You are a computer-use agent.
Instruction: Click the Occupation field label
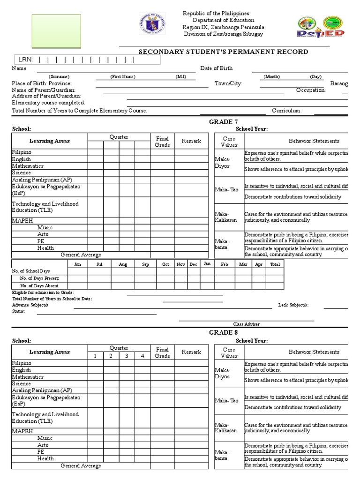point(311,90)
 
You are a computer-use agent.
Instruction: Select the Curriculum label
point(287,111)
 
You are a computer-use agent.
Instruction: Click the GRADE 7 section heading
point(223,122)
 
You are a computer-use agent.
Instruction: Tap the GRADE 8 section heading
point(223,332)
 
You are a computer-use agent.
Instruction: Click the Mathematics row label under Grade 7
point(28,166)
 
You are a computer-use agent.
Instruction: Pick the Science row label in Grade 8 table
point(22,383)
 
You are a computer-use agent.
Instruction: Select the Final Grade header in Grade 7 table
point(162,142)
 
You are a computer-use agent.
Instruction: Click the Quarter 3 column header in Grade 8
point(126,356)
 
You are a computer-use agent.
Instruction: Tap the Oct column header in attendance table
point(165,264)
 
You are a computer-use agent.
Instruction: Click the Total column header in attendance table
point(275,264)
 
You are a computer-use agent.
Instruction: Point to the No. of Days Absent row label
point(39,285)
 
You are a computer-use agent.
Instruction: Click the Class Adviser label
point(246,324)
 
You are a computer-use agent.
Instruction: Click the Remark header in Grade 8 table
point(191,352)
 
